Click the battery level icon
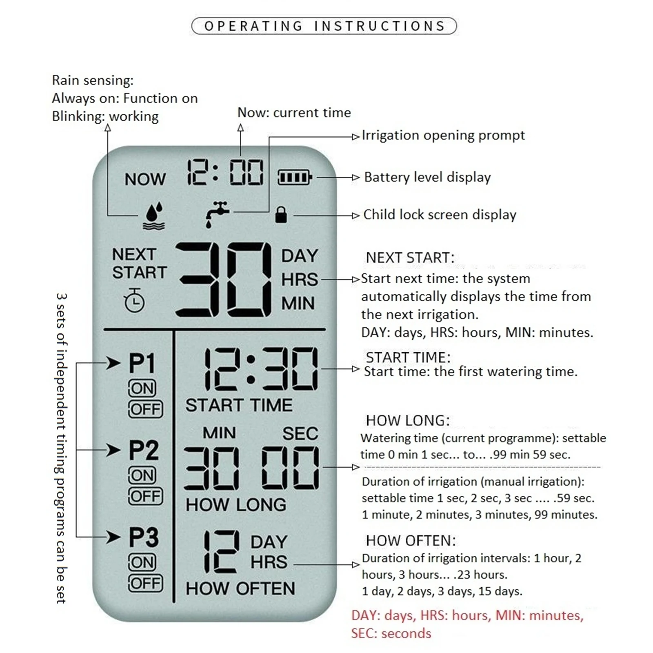coord(295,178)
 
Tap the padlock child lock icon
coord(281,215)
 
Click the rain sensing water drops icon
coord(154,216)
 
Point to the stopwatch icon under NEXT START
coord(134,301)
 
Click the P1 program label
coord(142,363)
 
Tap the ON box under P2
coord(142,475)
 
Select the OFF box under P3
coord(145,583)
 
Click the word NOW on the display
coord(145,179)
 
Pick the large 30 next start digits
coord(224,280)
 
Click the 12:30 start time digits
coord(260,369)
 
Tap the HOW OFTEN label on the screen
coord(240,589)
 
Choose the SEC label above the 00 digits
coord(300,433)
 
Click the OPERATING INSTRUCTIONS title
coord(324,26)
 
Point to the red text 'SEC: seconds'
coord(391,633)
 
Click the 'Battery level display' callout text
coord(427,177)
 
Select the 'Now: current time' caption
coord(294,113)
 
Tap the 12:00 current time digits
coord(225,173)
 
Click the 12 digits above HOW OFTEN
coord(221,552)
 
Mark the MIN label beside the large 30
coord(298,303)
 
